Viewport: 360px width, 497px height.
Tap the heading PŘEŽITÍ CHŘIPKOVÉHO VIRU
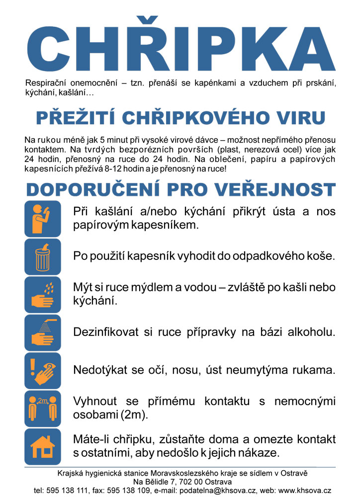pyautogui.click(x=180, y=118)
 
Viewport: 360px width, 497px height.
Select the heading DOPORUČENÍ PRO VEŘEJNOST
pyautogui.click(x=180, y=190)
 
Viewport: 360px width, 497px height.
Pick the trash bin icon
pyautogui.click(x=43, y=257)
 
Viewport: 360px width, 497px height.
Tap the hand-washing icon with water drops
pyautogui.click(x=43, y=295)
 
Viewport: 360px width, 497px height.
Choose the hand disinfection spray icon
pyautogui.click(x=43, y=332)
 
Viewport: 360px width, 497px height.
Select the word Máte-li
pyautogui.click(x=90, y=440)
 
